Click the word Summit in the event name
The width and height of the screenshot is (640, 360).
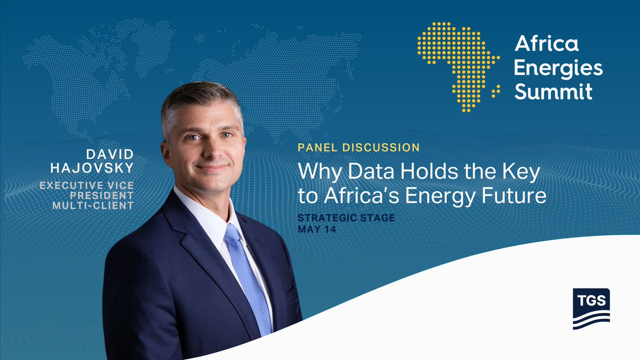tap(553, 91)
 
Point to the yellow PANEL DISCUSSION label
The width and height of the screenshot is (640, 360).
tap(358, 147)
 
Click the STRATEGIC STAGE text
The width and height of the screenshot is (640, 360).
tap(346, 219)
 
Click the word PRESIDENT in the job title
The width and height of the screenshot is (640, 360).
tap(106, 195)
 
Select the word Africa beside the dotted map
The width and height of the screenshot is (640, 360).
tap(546, 44)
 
